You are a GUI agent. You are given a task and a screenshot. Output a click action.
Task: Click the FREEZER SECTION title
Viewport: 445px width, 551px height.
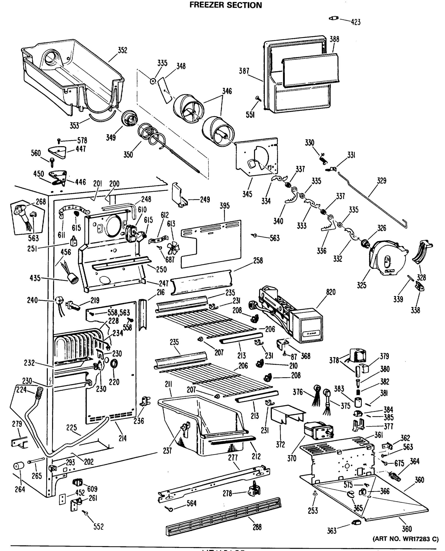[x=225, y=5]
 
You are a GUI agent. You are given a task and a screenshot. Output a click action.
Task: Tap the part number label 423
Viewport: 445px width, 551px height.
[x=356, y=22]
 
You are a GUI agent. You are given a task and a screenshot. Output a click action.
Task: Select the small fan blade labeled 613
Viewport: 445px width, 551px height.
[x=173, y=248]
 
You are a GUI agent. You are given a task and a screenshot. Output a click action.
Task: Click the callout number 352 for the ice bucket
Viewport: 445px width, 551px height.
[x=122, y=50]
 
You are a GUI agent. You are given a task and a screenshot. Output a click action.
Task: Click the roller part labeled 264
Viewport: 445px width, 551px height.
[x=18, y=466]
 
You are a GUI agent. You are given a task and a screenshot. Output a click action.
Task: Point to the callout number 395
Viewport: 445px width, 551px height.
[x=224, y=206]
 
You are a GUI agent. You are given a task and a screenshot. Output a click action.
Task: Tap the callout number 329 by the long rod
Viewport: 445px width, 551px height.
[x=381, y=181]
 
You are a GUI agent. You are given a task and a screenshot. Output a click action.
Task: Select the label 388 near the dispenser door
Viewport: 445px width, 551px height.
[x=334, y=39]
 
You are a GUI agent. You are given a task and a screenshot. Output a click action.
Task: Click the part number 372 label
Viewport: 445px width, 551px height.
[x=280, y=444]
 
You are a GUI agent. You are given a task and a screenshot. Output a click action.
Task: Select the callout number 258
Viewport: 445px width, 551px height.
[x=258, y=261]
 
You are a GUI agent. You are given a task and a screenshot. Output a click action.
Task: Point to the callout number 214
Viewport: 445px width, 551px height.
[x=123, y=438]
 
